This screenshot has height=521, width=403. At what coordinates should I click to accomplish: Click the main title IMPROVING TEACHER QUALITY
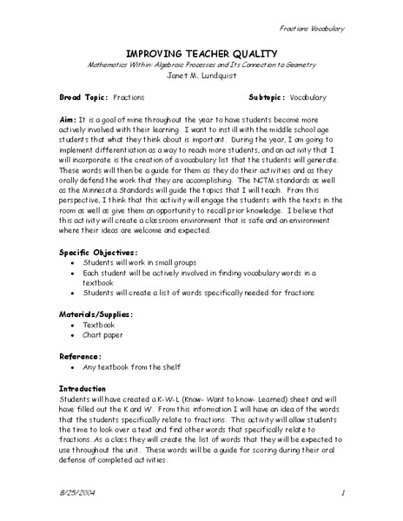tap(201, 50)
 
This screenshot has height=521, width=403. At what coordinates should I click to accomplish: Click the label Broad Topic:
tap(83, 97)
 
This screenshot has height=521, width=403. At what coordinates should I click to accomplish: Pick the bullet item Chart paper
tap(106, 340)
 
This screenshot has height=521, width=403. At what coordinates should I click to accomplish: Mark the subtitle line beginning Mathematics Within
tap(201, 63)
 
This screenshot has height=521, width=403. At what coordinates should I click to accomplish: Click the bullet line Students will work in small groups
tap(140, 261)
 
